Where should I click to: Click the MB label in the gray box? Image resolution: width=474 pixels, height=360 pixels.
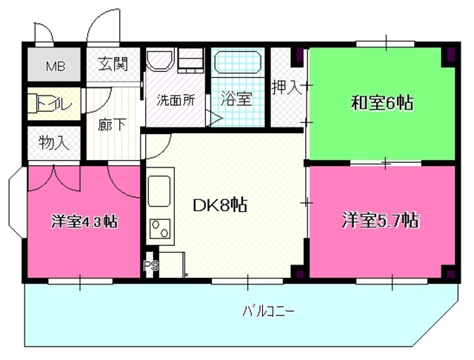pyautogui.click(x=56, y=66)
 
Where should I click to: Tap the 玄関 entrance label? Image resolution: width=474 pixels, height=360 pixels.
pyautogui.click(x=112, y=64)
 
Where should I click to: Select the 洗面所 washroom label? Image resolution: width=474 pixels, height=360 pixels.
pyautogui.click(x=175, y=101)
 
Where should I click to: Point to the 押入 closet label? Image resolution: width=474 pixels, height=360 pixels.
pyautogui.click(x=287, y=89)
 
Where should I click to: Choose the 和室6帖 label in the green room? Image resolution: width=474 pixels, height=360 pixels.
pyautogui.click(x=381, y=103)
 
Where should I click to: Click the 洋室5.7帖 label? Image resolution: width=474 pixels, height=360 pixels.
pyautogui.click(x=381, y=220)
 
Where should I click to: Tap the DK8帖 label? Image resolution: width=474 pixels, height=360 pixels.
pyautogui.click(x=220, y=205)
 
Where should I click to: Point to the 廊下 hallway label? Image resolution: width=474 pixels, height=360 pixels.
pyautogui.click(x=112, y=124)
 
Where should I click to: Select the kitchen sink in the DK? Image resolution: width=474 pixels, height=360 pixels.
pyautogui.click(x=159, y=191)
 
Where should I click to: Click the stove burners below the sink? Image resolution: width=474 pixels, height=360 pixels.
pyautogui.click(x=158, y=228)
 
